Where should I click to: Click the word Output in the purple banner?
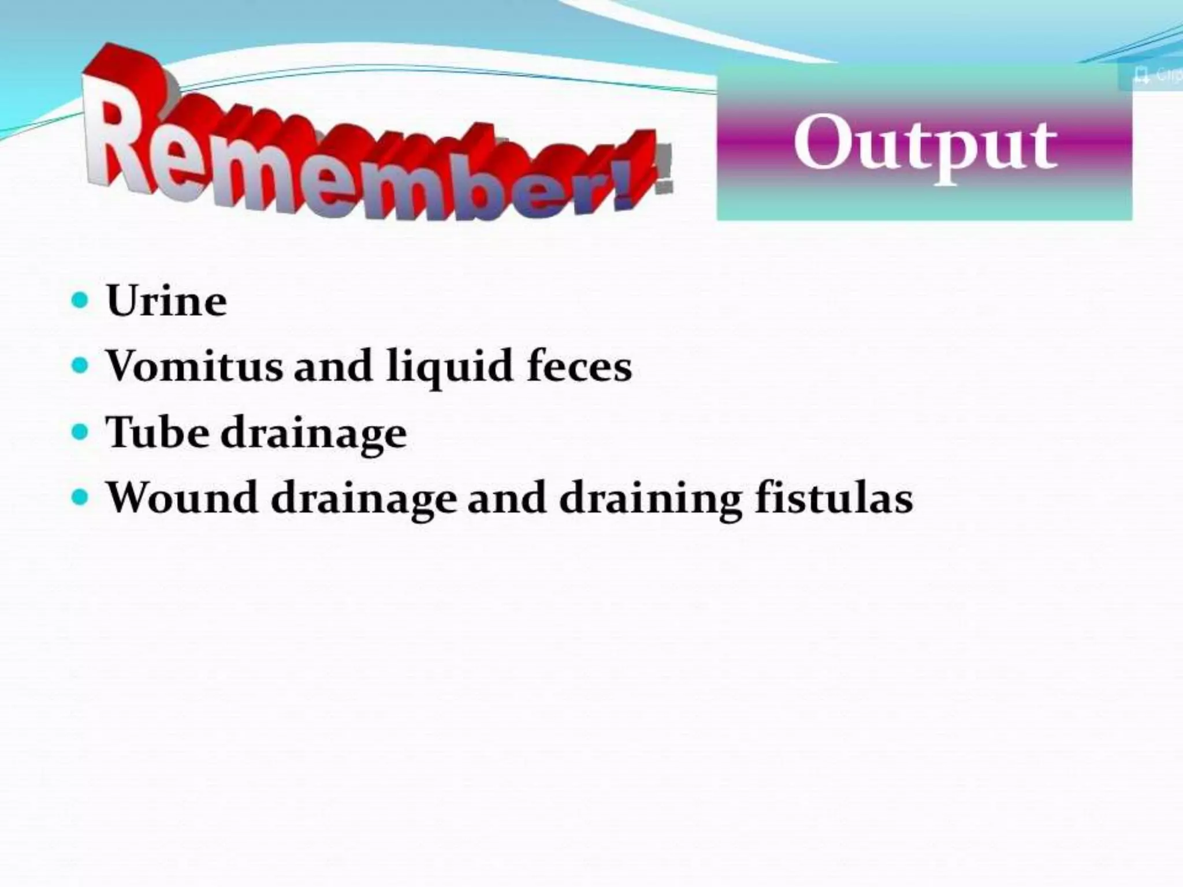(925, 144)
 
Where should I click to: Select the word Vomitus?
(195, 366)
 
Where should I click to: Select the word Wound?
(183, 497)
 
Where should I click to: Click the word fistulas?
(834, 497)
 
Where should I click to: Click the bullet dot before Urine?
(80, 300)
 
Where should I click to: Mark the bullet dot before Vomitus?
(80, 366)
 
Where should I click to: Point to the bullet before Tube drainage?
(80, 431)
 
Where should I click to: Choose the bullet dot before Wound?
(80, 497)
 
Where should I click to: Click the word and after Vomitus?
(333, 366)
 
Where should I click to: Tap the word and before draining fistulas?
(506, 497)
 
